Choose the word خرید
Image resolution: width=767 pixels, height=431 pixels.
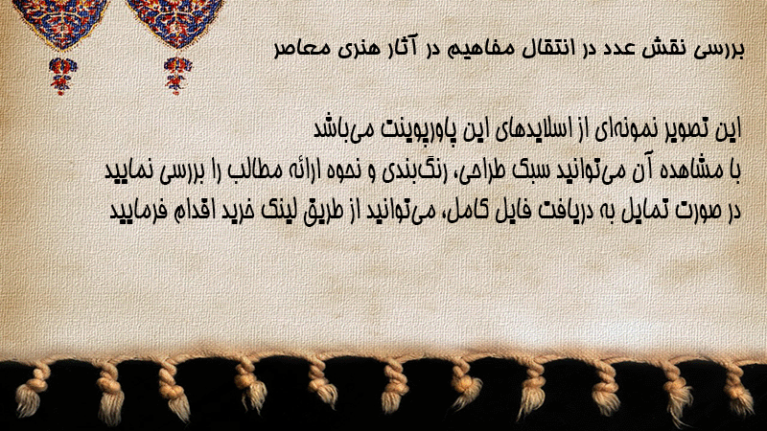(241, 210)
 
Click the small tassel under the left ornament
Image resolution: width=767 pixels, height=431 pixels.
(62, 75)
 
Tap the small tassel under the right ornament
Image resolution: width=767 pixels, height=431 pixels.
(177, 75)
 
